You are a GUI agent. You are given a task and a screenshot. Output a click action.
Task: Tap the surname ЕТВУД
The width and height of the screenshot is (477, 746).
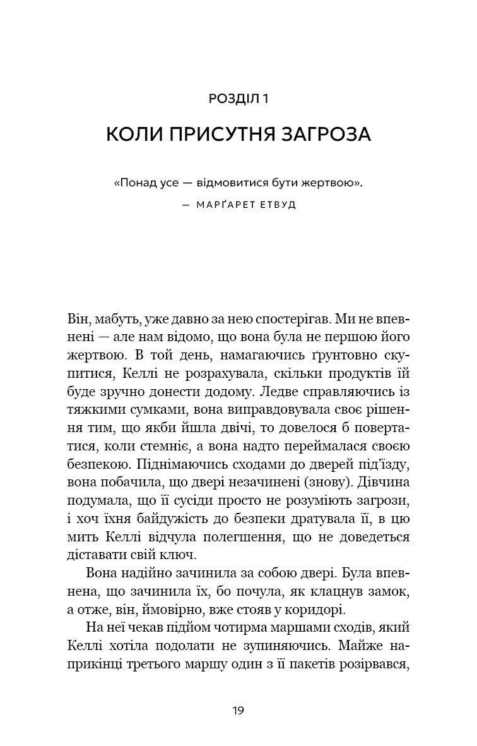[x=279, y=206]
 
